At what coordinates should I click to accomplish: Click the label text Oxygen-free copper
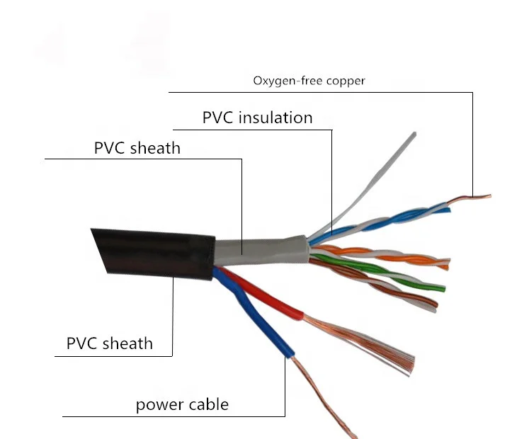click(309, 81)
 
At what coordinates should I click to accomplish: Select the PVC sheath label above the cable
click(137, 148)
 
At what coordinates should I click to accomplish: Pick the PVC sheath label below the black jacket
click(109, 343)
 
